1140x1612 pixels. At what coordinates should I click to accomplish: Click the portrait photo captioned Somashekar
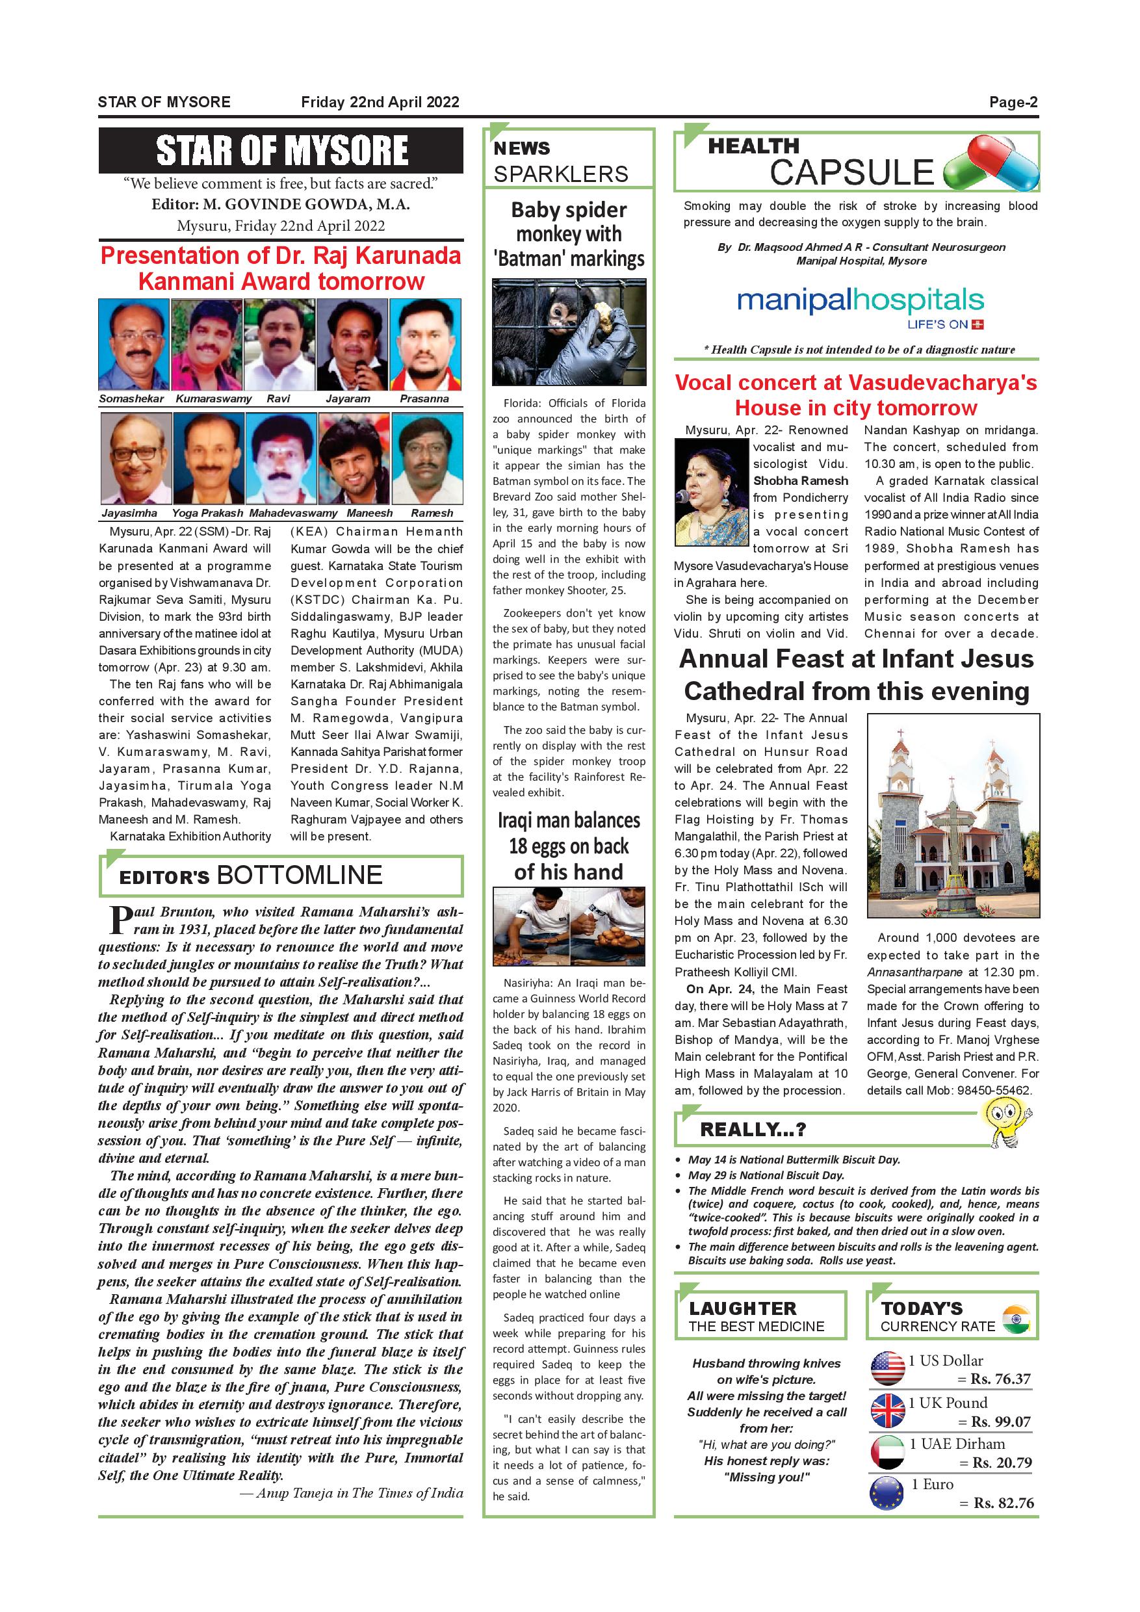(133, 344)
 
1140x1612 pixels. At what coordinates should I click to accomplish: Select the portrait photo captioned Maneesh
(353, 458)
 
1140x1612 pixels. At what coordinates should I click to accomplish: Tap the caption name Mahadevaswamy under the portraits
(292, 513)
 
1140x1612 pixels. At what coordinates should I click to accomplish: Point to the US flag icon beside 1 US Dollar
(887, 1369)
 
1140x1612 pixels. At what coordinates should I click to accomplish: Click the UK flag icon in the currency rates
(887, 1411)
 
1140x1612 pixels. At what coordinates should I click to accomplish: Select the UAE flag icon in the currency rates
(887, 1453)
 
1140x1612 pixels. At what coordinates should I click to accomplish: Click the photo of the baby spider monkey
(569, 332)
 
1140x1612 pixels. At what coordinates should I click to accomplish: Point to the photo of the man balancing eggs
(569, 927)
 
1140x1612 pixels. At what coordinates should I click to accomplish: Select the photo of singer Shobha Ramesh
(710, 492)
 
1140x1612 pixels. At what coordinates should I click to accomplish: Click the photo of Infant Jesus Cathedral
(953, 815)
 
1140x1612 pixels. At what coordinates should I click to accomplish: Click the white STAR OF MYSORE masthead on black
(281, 151)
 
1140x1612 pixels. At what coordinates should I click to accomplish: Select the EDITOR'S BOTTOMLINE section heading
(251, 876)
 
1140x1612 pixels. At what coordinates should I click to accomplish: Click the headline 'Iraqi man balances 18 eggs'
(569, 846)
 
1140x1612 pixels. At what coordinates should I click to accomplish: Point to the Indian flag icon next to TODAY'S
(1015, 1319)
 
